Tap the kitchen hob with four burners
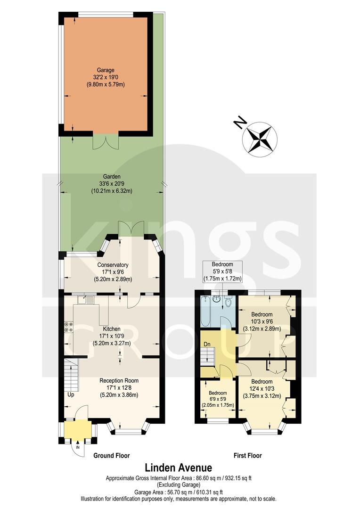point(68,327)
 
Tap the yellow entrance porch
point(78,429)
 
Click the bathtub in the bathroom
point(206,312)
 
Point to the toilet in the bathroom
point(228,301)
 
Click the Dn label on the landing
point(206,344)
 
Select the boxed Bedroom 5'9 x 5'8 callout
point(222,271)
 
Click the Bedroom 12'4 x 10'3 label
point(262,388)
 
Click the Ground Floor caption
point(111,455)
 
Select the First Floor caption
point(248,455)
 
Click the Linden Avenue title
point(178,468)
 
